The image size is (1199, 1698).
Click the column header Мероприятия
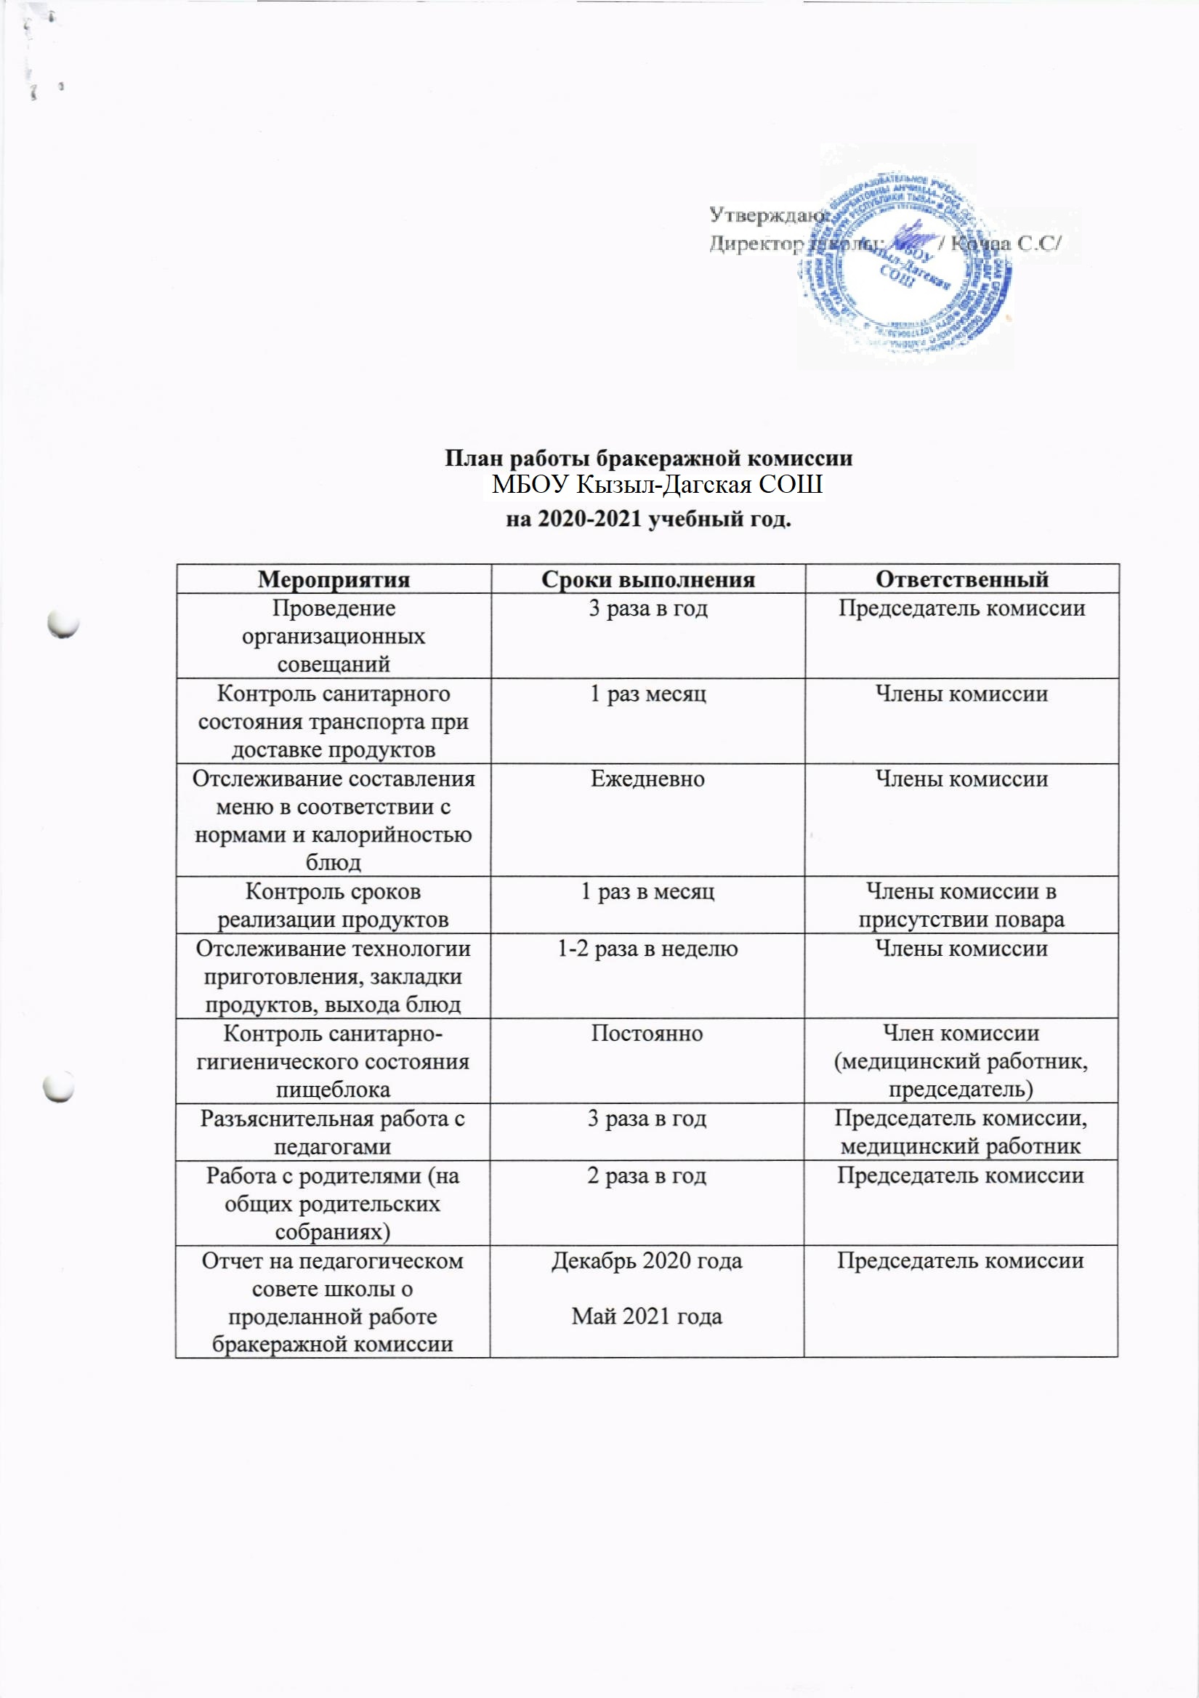point(334,579)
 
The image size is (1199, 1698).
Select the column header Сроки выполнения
point(647,579)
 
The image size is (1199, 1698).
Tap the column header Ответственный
point(961,579)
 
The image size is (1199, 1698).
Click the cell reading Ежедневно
point(647,778)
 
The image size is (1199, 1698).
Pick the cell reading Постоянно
point(647,1033)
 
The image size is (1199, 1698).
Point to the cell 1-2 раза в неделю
point(647,949)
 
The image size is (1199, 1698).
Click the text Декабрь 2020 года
point(647,1261)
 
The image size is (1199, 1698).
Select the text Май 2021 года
point(647,1316)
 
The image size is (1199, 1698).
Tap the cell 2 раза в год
point(647,1176)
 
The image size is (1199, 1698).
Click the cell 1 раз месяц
point(647,693)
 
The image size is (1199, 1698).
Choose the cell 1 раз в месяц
point(647,892)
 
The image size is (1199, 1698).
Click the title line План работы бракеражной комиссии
point(648,459)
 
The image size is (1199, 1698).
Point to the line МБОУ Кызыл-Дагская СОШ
point(657,485)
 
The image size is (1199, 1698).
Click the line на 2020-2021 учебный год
point(648,519)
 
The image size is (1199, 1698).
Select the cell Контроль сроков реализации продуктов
point(334,905)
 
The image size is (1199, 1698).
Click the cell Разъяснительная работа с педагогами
point(333,1132)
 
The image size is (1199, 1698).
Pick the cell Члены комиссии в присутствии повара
point(961,905)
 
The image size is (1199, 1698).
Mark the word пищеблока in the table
point(333,1090)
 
